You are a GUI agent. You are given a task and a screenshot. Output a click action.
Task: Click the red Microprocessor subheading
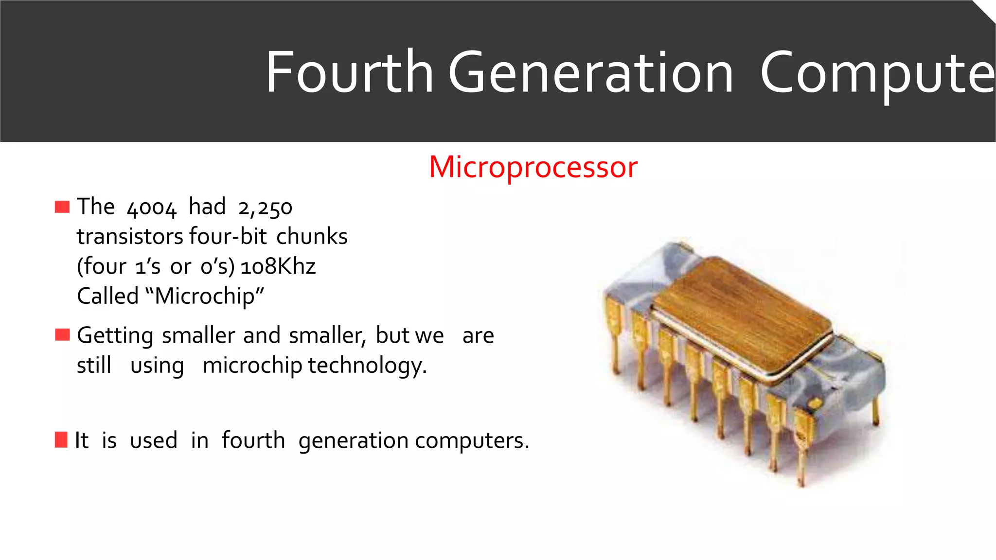[x=533, y=167]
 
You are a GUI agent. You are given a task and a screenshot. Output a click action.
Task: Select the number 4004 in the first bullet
[x=151, y=208]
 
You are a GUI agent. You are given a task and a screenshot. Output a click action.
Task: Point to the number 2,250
[x=265, y=208]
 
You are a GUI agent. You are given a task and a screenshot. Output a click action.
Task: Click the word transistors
[x=130, y=237]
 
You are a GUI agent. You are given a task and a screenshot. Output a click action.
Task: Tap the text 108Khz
[x=278, y=266]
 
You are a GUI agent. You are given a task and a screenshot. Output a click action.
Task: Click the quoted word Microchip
[x=205, y=296]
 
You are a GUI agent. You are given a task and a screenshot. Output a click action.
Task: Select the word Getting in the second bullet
[x=115, y=336]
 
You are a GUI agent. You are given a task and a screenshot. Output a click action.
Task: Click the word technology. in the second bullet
[x=368, y=366]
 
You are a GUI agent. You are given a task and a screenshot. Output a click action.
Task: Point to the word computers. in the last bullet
[x=472, y=440]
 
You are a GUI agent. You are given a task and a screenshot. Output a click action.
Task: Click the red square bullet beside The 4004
[x=62, y=207]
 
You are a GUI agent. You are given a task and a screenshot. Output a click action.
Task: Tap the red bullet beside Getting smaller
[x=62, y=335]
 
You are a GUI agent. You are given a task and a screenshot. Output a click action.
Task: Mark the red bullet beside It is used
[x=61, y=439]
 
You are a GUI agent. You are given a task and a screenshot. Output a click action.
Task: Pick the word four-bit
[x=228, y=237]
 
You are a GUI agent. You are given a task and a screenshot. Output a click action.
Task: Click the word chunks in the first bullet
[x=312, y=237]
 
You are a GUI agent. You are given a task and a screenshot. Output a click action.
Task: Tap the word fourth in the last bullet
[x=253, y=440]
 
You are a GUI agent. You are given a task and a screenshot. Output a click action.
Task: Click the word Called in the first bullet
[x=108, y=296]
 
